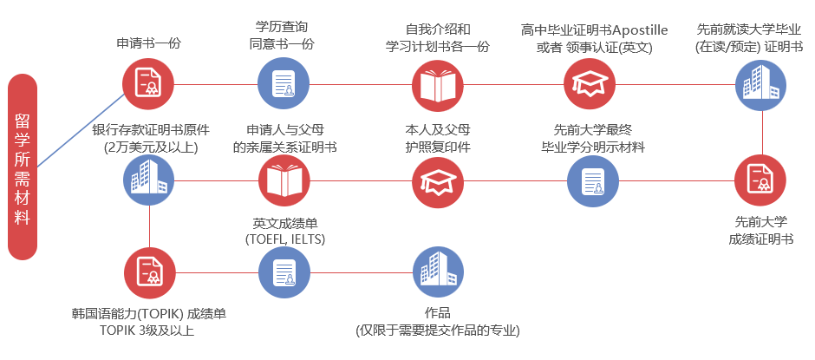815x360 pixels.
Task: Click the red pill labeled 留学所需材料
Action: point(23,167)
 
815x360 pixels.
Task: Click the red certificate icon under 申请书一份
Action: point(148,84)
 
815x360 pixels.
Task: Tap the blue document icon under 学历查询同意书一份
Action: point(284,84)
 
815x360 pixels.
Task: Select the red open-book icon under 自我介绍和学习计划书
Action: point(438,84)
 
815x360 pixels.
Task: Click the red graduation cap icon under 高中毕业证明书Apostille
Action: point(590,84)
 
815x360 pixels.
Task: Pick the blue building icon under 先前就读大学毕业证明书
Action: point(760,84)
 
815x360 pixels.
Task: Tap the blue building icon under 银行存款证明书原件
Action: point(148,180)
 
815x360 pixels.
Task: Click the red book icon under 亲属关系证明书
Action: point(284,180)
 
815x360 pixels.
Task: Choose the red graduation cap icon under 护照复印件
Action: point(438,180)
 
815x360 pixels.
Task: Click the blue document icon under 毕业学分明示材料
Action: point(592,180)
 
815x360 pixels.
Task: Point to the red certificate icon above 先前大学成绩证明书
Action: point(760,180)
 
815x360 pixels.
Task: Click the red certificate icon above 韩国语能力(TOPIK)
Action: point(150,272)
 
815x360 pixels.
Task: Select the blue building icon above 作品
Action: point(438,271)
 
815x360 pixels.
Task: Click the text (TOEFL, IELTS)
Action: point(285,239)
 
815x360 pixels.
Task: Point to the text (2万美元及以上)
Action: point(151,147)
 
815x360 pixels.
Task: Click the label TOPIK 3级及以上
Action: point(147,331)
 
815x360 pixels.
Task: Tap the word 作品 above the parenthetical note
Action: point(438,312)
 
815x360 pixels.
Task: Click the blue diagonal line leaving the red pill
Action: point(81,131)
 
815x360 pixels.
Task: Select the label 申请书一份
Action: point(148,43)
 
